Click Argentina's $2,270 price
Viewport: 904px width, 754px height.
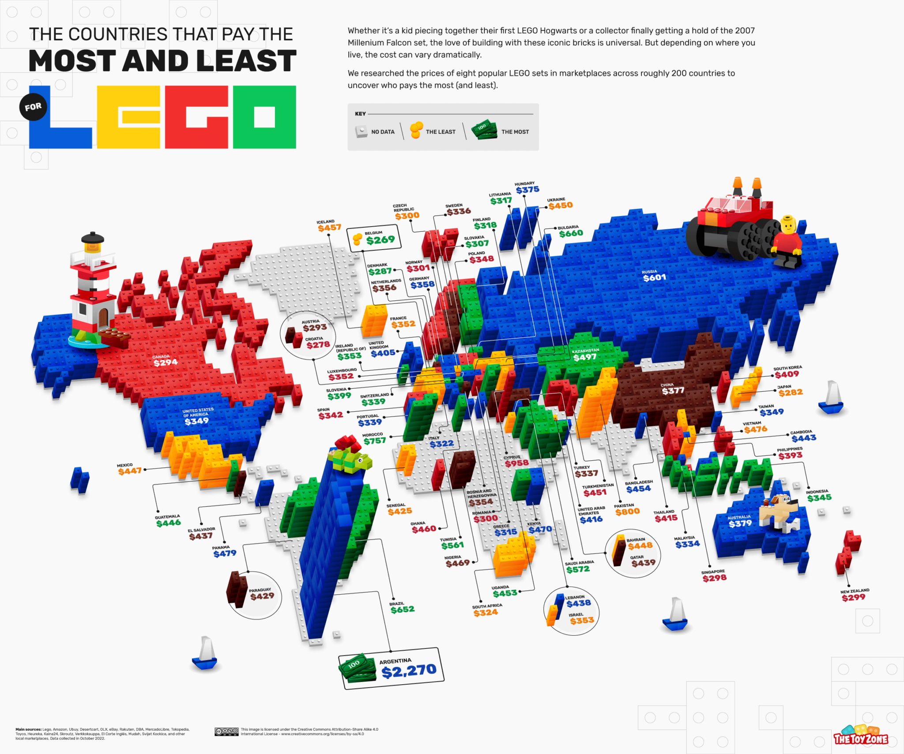(409, 671)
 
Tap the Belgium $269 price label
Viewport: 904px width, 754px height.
(380, 240)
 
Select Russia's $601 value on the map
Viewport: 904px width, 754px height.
(654, 278)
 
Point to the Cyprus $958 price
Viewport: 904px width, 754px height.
(516, 463)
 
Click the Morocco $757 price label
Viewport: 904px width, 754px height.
(374, 441)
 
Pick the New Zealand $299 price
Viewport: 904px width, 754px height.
(853, 598)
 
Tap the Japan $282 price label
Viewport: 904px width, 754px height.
(790, 392)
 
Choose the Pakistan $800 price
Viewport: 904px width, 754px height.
(627, 512)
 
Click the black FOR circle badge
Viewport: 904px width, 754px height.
(33, 107)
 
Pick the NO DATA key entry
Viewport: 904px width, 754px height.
(375, 132)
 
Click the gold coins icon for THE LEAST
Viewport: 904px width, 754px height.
(416, 130)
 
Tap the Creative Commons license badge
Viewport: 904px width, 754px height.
(226, 732)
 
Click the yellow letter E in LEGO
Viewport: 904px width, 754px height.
(128, 117)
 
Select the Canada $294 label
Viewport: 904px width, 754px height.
(166, 362)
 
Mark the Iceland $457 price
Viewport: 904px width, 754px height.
(329, 227)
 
